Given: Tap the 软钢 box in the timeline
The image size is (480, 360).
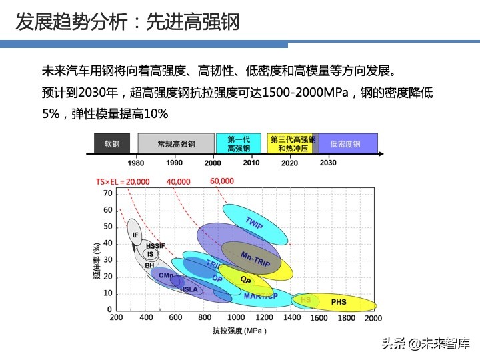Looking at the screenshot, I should pyautogui.click(x=111, y=143).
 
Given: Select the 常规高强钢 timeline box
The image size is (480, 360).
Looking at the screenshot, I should pyautogui.click(x=176, y=143).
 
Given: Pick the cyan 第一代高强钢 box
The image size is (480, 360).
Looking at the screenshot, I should pyautogui.click(x=238, y=143).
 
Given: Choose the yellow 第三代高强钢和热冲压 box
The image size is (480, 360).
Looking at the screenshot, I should pyautogui.click(x=292, y=143).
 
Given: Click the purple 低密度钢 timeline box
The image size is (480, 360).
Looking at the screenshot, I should pyautogui.click(x=348, y=143).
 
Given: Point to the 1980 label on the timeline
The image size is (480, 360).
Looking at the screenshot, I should pyautogui.click(x=136, y=163).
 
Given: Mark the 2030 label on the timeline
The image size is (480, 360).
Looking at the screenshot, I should pyautogui.click(x=328, y=163).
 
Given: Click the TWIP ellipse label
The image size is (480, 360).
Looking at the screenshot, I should pyautogui.click(x=254, y=223).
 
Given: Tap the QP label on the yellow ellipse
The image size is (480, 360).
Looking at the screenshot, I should pyautogui.click(x=245, y=281).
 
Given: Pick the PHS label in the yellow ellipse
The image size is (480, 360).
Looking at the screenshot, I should pyautogui.click(x=339, y=302).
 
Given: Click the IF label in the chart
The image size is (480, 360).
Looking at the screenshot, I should pyautogui.click(x=135, y=235).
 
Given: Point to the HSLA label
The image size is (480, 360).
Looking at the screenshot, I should pyautogui.click(x=189, y=289).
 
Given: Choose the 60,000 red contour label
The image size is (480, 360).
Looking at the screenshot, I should pyautogui.click(x=222, y=181).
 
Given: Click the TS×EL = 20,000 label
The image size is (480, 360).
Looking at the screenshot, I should pyautogui.click(x=123, y=181).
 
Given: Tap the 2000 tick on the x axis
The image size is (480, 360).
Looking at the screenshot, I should pyautogui.click(x=373, y=318).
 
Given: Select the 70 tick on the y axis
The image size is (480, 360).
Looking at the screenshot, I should pyautogui.click(x=107, y=193).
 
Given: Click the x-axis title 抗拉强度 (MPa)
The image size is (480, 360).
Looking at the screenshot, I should pyautogui.click(x=239, y=331).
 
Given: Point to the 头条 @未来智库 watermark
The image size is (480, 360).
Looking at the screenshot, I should pyautogui.click(x=425, y=343).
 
